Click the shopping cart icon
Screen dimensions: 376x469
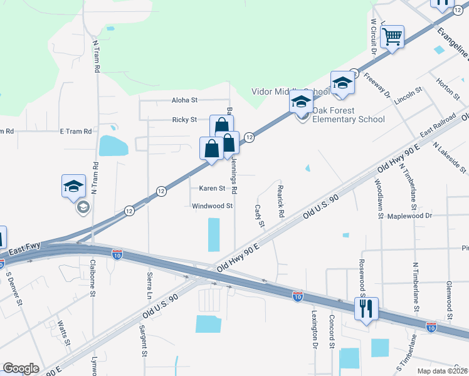[392, 36]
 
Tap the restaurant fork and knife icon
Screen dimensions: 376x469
[366, 308]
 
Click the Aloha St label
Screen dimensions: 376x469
[184, 100]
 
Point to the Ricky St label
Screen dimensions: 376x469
[184, 120]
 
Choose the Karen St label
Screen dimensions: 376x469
[212, 188]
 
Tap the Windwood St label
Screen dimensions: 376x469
[213, 206]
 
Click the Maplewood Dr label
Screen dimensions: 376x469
[410, 216]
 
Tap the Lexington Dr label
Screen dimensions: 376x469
[314, 329]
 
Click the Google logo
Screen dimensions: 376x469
[21, 368]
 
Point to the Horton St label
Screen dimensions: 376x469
[449, 88]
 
